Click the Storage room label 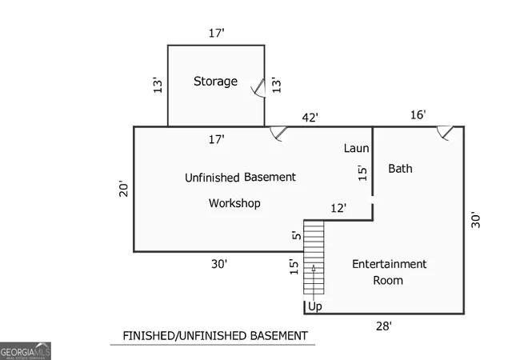coord(215,82)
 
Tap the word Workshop coord(234,203)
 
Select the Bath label coord(400,169)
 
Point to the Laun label coord(356,148)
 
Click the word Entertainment coord(390,264)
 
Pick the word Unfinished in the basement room coord(212,178)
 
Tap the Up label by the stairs coord(315,306)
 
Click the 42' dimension coord(310,118)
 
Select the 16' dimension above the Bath coord(418,114)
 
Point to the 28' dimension coord(384,326)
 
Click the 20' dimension coord(123,189)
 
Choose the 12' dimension coord(338,208)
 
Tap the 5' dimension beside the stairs coord(296,235)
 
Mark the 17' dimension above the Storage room coord(217,33)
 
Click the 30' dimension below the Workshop coord(219,264)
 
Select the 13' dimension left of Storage coord(158,85)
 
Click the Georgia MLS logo coord(26,351)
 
